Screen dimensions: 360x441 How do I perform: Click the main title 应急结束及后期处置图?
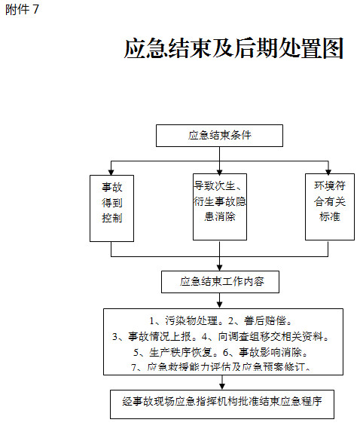[x=233, y=48]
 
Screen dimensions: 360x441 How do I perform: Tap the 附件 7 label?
[x=22, y=10]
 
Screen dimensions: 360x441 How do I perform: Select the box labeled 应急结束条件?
[x=219, y=136]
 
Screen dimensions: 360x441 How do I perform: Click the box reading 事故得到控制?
[x=112, y=208]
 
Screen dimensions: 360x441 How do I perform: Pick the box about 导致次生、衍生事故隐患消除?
[x=220, y=207]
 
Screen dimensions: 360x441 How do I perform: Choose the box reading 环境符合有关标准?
[x=330, y=207]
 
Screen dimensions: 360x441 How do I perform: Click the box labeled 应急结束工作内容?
[x=220, y=282]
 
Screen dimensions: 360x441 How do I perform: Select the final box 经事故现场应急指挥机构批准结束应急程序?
[x=222, y=404]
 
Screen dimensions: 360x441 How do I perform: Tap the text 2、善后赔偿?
[x=261, y=320]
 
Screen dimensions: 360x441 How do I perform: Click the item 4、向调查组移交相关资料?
[x=266, y=336]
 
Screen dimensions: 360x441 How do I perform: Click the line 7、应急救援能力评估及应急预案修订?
[x=221, y=367]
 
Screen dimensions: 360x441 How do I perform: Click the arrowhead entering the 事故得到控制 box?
[x=111, y=172]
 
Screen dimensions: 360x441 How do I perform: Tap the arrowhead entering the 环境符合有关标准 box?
[x=328, y=171]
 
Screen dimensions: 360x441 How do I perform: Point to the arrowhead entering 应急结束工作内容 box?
[x=219, y=268]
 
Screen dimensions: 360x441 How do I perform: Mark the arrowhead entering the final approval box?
[x=222, y=387]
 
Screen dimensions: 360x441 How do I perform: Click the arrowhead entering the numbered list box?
[x=219, y=305]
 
